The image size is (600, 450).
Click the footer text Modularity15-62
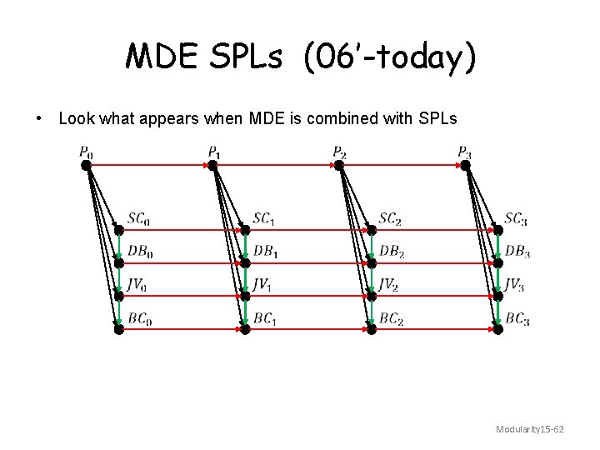[530, 429]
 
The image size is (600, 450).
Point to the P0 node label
[86, 152]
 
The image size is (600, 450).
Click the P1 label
[214, 152]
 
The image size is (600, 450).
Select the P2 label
[339, 152]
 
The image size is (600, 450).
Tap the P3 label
[465, 152]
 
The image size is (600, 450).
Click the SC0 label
[139, 219]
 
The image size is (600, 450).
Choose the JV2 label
[388, 285]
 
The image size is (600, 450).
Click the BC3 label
[517, 318]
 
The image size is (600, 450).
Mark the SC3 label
[516, 219]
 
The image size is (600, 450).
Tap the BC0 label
[140, 318]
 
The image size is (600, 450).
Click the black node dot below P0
[86, 165]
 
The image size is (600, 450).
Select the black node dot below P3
[465, 165]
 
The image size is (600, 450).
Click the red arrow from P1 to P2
[275, 165]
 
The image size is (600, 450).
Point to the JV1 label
[262, 285]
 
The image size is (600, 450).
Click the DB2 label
[392, 251]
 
